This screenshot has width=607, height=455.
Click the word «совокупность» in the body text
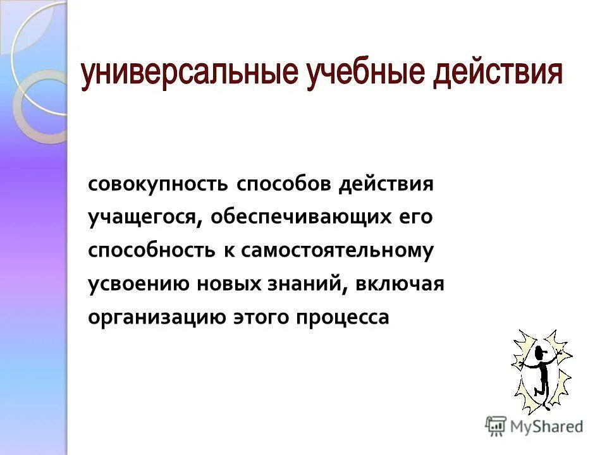click(x=158, y=185)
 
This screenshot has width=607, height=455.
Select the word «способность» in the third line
click(x=152, y=251)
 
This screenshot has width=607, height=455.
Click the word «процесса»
click(x=341, y=317)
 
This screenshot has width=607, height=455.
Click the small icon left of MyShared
click(x=496, y=425)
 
